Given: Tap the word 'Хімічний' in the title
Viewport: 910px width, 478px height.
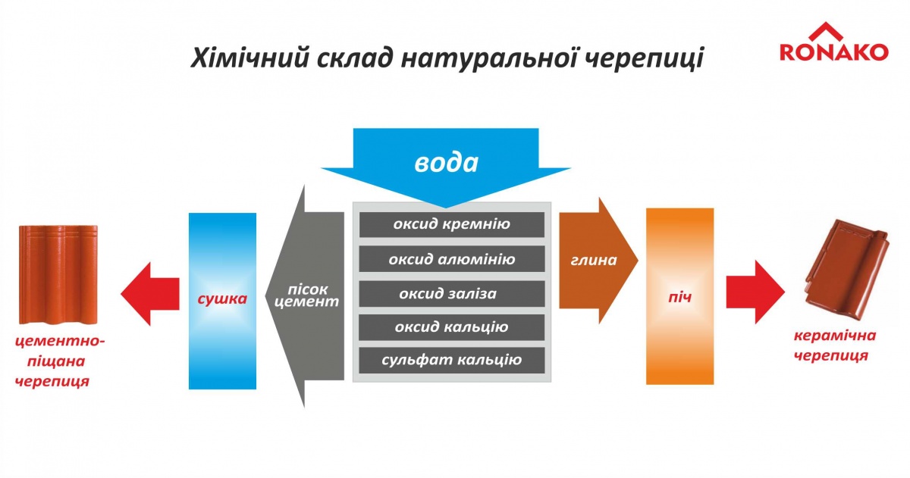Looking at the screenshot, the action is coord(249,58).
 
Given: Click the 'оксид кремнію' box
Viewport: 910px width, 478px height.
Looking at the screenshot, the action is coord(452,224).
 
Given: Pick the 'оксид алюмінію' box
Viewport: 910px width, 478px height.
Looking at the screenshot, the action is coord(452,259).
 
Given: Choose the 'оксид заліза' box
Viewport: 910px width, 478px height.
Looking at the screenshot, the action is coord(452,294).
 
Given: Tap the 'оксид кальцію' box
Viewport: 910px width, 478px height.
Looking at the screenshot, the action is coord(452,327).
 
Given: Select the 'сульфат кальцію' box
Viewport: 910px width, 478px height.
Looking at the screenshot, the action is coord(452,361).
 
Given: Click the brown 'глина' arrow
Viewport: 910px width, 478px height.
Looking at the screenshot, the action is coord(598,261).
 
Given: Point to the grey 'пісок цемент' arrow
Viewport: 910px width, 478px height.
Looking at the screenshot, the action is coord(304,296).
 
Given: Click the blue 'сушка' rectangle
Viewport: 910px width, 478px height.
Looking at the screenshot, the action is coord(222,301).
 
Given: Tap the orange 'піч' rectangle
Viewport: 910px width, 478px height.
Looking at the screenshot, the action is coord(679,296).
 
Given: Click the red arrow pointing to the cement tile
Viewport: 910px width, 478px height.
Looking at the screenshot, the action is coord(150,294).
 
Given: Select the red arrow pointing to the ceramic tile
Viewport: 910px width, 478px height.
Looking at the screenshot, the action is coord(755,292).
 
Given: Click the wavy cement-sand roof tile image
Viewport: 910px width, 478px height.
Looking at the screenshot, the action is coord(58,275).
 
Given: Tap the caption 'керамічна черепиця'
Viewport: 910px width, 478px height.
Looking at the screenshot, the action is coord(835,345).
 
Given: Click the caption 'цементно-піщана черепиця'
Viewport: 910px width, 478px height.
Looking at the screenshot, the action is coord(58,361).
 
